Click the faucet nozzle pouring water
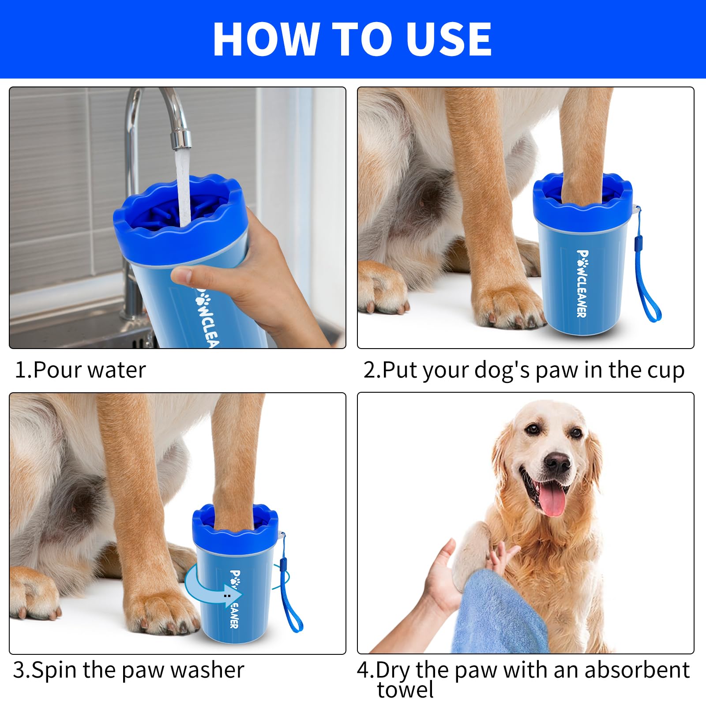[181, 138]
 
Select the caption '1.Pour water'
[80, 370]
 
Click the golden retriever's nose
[557, 462]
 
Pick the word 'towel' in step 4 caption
[405, 690]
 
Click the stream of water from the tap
[183, 185]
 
